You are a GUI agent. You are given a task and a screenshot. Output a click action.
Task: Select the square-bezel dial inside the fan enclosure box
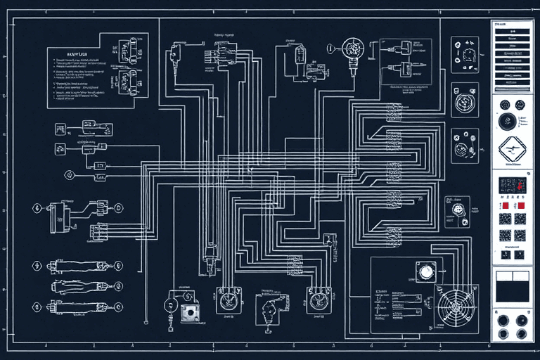425,271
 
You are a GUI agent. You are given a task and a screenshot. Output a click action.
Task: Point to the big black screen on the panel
512,287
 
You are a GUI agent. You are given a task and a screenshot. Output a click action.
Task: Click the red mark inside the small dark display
517,184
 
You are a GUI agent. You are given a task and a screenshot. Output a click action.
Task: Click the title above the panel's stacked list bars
502,25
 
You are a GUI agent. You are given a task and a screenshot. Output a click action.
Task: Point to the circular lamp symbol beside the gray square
169,305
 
